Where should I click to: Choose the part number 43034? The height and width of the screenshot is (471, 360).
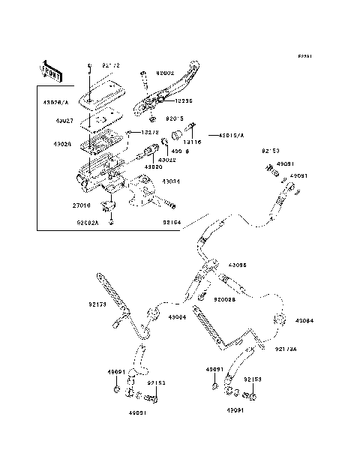[171, 181]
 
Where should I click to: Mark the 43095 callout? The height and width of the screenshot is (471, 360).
[237, 265]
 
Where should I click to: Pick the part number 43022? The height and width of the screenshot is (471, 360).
[167, 159]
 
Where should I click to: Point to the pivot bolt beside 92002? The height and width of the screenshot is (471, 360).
[142, 78]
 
